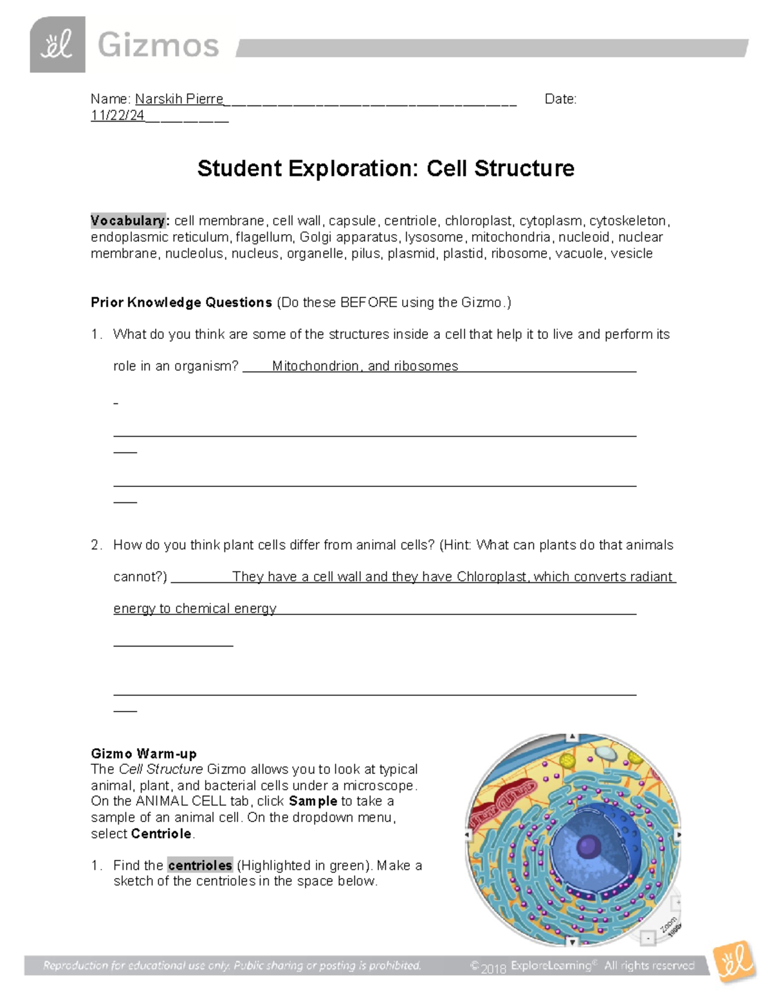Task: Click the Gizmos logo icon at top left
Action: coord(57,44)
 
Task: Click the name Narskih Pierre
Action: coord(179,99)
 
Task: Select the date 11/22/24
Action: coord(118,115)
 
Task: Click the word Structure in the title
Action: coord(524,169)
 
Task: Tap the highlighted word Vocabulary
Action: coord(128,221)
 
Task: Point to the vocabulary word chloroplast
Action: coord(478,221)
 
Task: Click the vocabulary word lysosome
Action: coord(434,237)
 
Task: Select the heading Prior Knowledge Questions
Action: coord(181,302)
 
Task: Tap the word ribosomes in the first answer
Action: coord(426,366)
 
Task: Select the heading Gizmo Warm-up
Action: coord(143,753)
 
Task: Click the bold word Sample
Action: coord(313,801)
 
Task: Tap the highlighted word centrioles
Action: coord(199,865)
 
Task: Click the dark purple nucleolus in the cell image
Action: coord(587,847)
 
